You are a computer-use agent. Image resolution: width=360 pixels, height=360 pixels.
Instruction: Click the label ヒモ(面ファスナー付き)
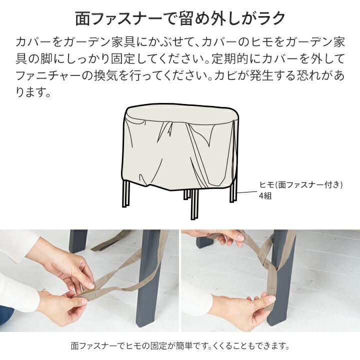click(301, 185)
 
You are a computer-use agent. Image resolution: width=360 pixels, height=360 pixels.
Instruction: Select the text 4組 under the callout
click(265, 196)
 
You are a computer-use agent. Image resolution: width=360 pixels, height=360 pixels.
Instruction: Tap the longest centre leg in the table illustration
click(194, 204)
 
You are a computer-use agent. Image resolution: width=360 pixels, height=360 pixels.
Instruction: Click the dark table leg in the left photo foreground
click(150, 280)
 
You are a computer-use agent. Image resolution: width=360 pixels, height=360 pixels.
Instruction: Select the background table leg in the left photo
click(78, 241)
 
